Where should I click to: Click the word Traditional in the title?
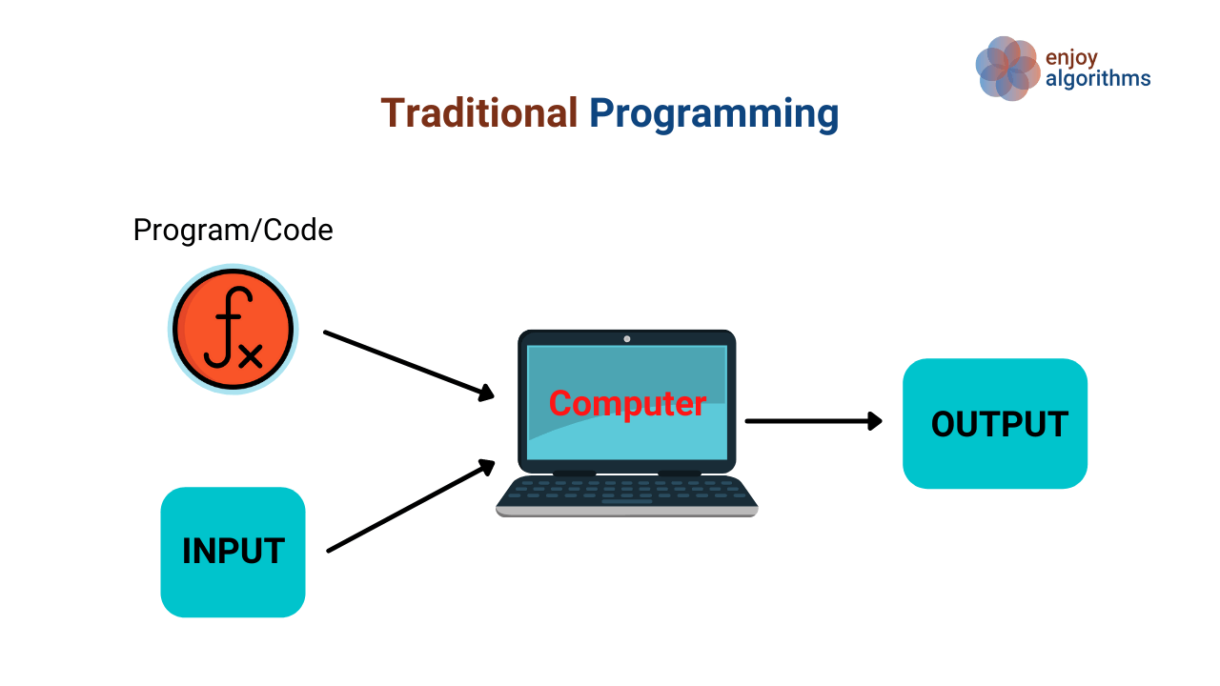point(478,113)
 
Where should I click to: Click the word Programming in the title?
point(714,115)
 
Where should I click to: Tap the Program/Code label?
point(234,230)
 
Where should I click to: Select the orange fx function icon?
point(234,329)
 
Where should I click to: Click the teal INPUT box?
point(234,552)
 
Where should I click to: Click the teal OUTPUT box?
point(995,424)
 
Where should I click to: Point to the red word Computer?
point(627,403)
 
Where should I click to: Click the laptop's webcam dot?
point(627,339)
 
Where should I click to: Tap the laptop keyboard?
point(627,491)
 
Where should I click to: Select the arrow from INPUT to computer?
point(411,506)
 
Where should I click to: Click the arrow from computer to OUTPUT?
point(814,421)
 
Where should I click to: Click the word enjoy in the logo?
point(1071,58)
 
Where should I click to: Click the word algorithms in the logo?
point(1098,79)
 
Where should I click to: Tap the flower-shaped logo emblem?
point(1007,69)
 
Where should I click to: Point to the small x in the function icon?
point(251,356)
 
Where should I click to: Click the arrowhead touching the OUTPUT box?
point(875,421)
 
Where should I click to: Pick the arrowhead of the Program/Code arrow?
point(486,393)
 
